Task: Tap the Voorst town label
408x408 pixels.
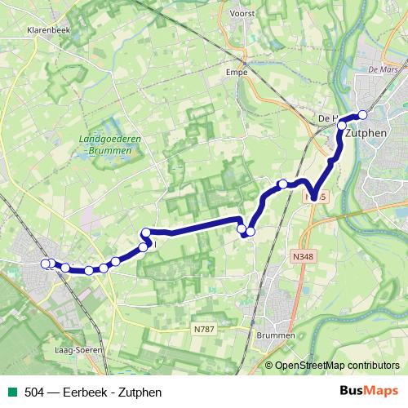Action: point(242,14)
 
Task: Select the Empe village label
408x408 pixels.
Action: point(236,72)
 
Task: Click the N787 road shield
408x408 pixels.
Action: point(204,329)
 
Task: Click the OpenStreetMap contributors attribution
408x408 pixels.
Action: point(336,365)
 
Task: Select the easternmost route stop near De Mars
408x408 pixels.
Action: point(363,115)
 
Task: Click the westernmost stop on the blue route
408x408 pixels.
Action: point(46,263)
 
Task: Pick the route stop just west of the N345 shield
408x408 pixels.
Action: point(282,184)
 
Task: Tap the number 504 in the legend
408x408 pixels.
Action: point(34,392)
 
